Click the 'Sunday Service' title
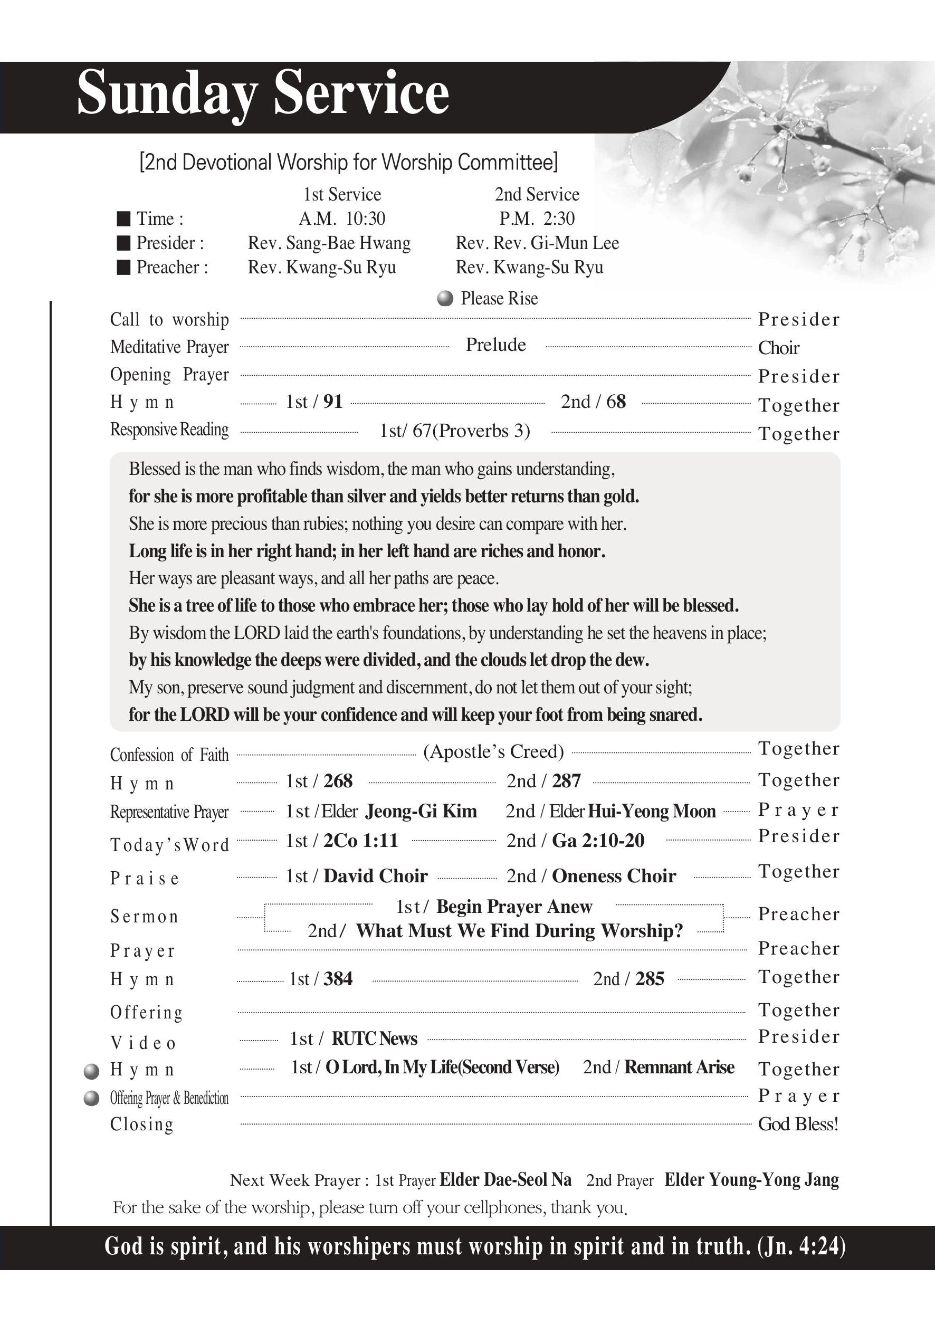[263, 93]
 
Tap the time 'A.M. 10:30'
[342, 219]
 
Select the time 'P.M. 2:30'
[537, 219]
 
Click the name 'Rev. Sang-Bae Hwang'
[329, 243]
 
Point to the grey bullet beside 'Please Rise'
[445, 299]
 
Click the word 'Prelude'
[495, 345]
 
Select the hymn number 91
[333, 402]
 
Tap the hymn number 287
[567, 782]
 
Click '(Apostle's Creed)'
[493, 752]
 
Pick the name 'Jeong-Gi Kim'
[421, 811]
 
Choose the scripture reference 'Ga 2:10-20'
[598, 841]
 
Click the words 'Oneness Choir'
[614, 876]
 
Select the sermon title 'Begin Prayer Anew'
[514, 907]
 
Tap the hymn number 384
[338, 979]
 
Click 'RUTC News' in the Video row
[375, 1039]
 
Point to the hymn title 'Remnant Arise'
[679, 1068]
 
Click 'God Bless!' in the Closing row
[798, 1125]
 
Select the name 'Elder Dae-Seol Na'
[505, 1180]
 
